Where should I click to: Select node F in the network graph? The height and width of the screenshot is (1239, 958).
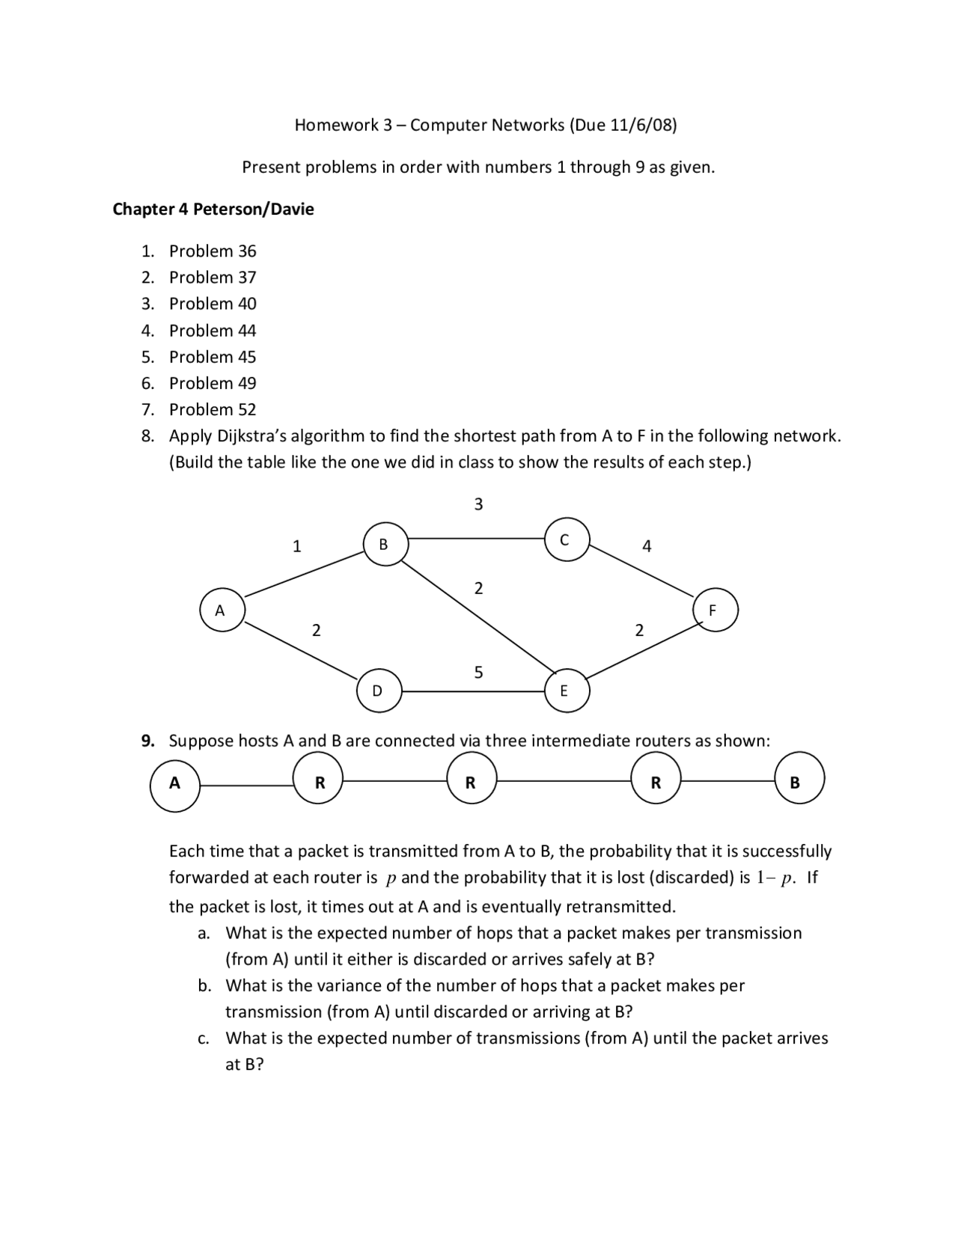point(716,610)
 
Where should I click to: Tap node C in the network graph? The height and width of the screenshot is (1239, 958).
point(567,539)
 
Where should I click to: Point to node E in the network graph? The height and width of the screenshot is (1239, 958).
point(567,691)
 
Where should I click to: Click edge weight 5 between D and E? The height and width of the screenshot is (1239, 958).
point(479,672)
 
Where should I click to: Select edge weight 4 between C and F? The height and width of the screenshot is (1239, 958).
point(647,546)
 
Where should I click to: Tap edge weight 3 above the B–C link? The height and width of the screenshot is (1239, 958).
point(479,504)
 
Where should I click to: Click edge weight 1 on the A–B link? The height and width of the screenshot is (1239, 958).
point(296,546)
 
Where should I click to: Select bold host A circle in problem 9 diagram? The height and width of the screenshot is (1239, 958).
point(175,784)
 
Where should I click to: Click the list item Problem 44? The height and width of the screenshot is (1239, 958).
point(213,330)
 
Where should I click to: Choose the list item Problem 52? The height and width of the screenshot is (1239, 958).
point(213,409)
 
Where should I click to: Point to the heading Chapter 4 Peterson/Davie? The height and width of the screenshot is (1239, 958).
point(213,209)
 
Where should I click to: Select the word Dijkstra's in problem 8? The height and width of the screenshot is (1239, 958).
point(252,435)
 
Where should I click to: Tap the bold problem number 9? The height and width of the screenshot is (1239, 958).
point(148,741)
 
